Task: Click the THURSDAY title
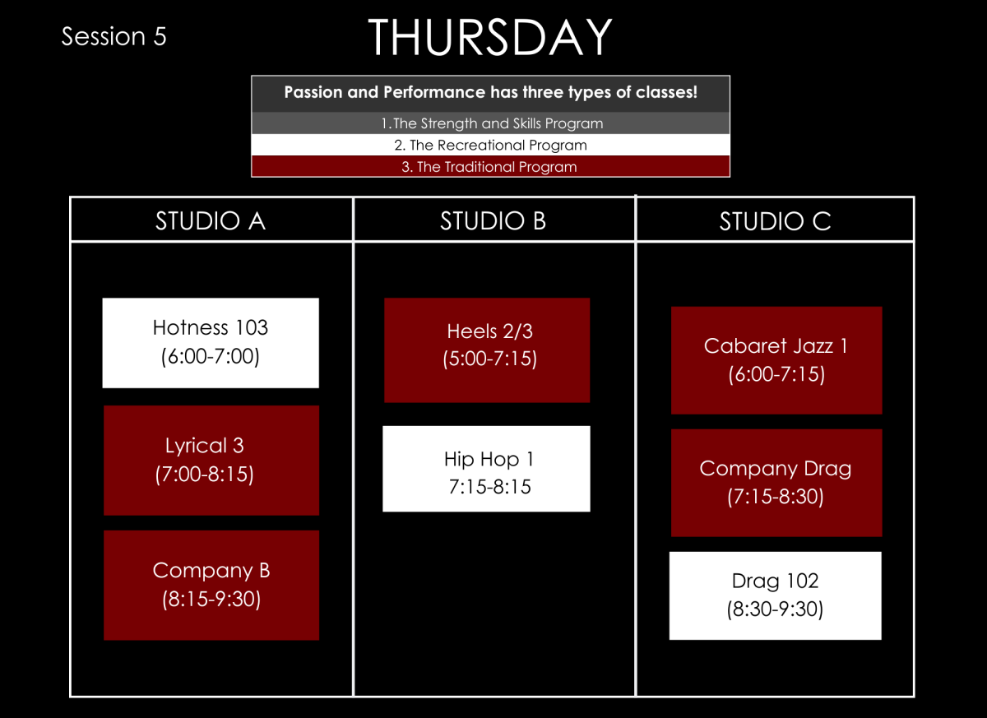point(490,38)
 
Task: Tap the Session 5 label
point(114,36)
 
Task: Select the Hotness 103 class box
point(211,342)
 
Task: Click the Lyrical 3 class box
point(211,460)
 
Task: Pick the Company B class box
point(211,585)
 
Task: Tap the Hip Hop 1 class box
point(487,469)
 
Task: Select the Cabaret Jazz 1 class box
point(776,360)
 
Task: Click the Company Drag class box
point(776,483)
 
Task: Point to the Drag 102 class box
point(775,595)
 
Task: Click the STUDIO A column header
point(211,220)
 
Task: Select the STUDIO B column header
point(493,220)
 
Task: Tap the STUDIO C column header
point(775,220)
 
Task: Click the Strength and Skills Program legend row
point(491,123)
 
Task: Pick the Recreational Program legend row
point(491,145)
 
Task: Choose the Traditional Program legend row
point(491,166)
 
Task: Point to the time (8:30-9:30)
point(775,609)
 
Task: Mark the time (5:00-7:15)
point(487,359)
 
